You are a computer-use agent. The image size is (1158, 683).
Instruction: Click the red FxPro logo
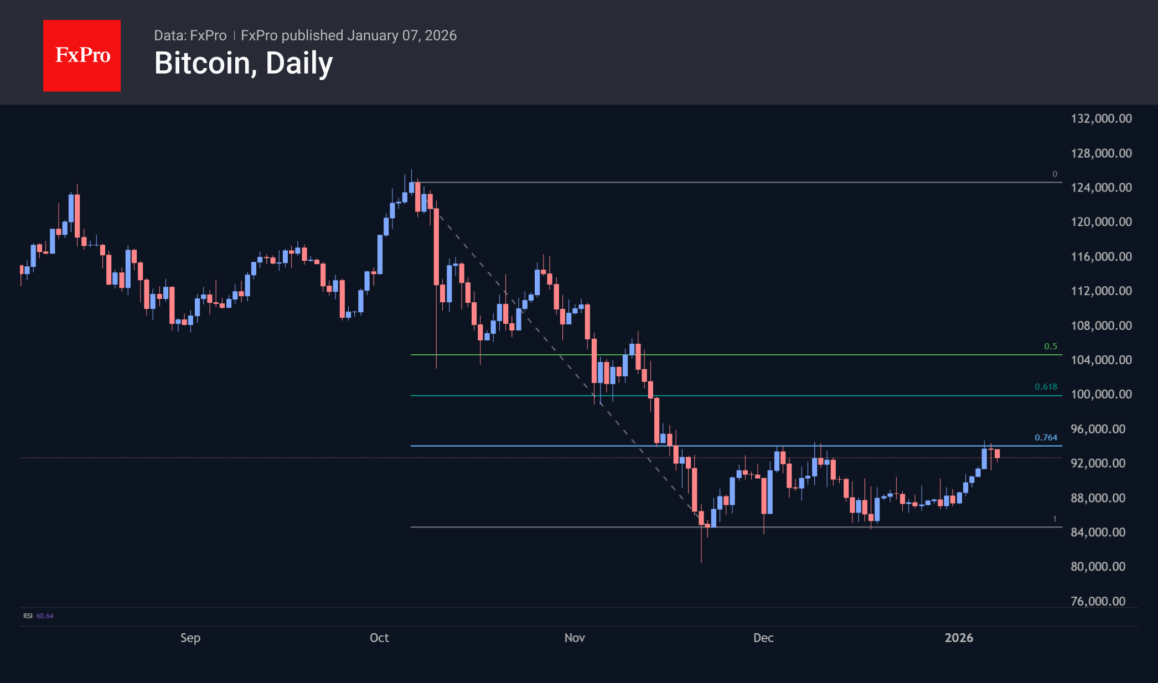click(x=82, y=55)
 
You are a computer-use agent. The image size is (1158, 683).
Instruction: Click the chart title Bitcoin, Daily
click(x=244, y=63)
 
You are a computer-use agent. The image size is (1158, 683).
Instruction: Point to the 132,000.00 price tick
click(x=1101, y=118)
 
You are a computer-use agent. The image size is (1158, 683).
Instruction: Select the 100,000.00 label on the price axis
click(x=1101, y=394)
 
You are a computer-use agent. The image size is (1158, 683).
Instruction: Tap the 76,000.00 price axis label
click(x=1098, y=601)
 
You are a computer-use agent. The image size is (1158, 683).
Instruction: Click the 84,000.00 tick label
click(x=1098, y=532)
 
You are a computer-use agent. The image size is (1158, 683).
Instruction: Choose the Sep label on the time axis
click(x=190, y=638)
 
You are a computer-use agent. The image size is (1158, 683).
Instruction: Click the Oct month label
click(x=379, y=638)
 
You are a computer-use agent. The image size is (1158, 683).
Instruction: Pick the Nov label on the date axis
click(x=575, y=638)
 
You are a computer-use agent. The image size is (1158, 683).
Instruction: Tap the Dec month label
click(x=763, y=638)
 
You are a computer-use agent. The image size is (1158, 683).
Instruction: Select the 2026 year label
click(x=959, y=638)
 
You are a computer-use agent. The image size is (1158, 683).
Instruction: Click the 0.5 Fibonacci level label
click(x=1050, y=346)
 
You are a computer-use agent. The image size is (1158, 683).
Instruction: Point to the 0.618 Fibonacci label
click(x=1046, y=387)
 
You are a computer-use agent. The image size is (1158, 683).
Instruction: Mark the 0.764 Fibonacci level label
click(x=1046, y=437)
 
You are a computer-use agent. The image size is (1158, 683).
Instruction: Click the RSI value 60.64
click(x=45, y=616)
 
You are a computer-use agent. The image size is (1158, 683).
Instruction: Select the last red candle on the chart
click(x=997, y=454)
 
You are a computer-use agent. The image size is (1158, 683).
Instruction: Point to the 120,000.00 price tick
click(x=1101, y=222)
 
